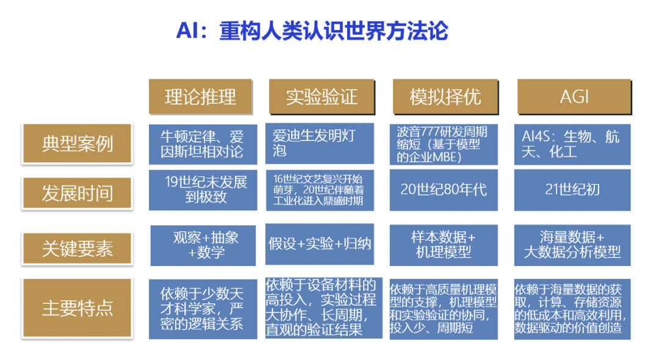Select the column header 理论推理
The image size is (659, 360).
click(x=201, y=96)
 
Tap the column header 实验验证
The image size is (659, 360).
click(x=322, y=96)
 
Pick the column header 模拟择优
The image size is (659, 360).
click(x=445, y=96)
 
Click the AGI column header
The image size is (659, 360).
click(x=574, y=96)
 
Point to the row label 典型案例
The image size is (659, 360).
click(x=77, y=144)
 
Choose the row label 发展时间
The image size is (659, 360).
click(x=77, y=193)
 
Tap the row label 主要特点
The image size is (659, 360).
click(x=77, y=308)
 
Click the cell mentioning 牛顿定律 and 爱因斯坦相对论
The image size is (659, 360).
click(x=202, y=144)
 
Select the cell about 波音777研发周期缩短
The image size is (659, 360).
click(x=445, y=144)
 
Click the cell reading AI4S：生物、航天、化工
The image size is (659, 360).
click(x=572, y=144)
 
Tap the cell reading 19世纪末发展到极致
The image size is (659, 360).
click(x=202, y=190)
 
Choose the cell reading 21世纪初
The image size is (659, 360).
click(x=572, y=190)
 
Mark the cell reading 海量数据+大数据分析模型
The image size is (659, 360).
click(x=572, y=244)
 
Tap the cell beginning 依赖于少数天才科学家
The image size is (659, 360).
click(x=202, y=309)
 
